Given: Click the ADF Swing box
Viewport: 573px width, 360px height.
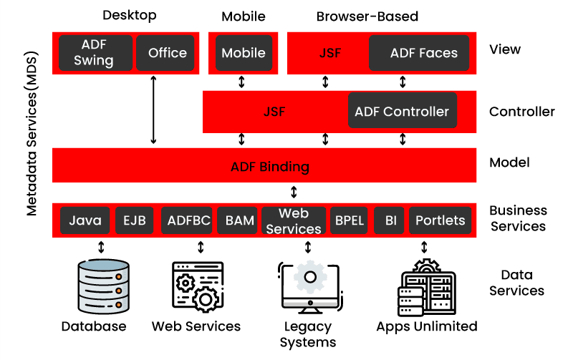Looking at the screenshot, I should pyautogui.click(x=94, y=52).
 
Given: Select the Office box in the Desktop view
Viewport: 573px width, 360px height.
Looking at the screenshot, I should pyautogui.click(x=167, y=52).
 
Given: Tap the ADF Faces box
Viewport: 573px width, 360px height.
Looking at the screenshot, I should pyautogui.click(x=423, y=53).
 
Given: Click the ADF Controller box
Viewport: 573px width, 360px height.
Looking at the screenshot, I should pyautogui.click(x=402, y=111).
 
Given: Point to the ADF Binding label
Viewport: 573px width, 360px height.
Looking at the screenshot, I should pyautogui.click(x=269, y=167).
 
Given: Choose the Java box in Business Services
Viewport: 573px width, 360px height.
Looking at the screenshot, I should pyautogui.click(x=85, y=220).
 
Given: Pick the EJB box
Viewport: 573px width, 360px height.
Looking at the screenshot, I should pyautogui.click(x=134, y=220).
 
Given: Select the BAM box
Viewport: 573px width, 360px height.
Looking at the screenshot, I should pyautogui.click(x=240, y=220).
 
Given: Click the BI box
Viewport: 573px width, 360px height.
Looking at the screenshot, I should pyautogui.click(x=390, y=220).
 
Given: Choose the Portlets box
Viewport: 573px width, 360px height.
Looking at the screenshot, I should pyautogui.click(x=440, y=220).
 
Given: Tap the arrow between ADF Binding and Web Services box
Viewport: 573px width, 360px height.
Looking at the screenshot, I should pyautogui.click(x=294, y=193).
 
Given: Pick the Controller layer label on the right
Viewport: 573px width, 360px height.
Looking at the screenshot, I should pyautogui.click(x=521, y=112).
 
